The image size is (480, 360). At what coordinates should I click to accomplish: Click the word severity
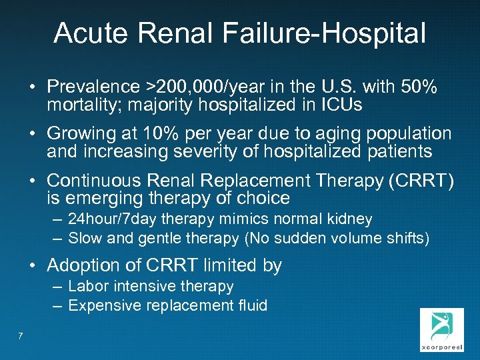(208, 151)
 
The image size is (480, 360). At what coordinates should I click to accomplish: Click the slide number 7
(21, 336)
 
